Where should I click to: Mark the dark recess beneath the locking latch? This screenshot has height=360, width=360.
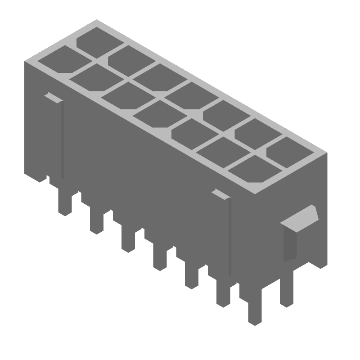tap(290, 245)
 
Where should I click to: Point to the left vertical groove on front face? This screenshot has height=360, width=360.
tap(62, 139)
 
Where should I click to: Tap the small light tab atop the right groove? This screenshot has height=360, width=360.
tap(220, 194)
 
